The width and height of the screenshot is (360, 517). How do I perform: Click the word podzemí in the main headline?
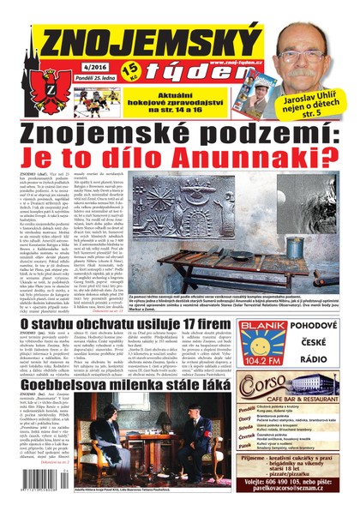pos(239,132)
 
